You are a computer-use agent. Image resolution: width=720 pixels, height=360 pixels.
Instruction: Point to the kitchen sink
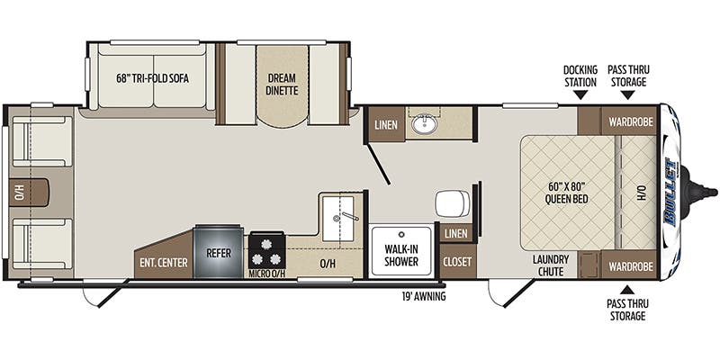click(342, 216)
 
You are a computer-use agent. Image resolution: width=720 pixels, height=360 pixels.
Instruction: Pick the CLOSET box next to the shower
click(455, 262)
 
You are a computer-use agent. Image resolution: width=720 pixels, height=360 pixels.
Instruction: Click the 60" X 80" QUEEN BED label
click(567, 193)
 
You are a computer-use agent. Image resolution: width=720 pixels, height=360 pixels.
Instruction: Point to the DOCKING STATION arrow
click(581, 94)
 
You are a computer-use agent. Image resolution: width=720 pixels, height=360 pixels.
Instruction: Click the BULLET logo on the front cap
click(673, 192)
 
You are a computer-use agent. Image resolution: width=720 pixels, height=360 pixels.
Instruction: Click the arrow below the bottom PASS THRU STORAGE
click(627, 290)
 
